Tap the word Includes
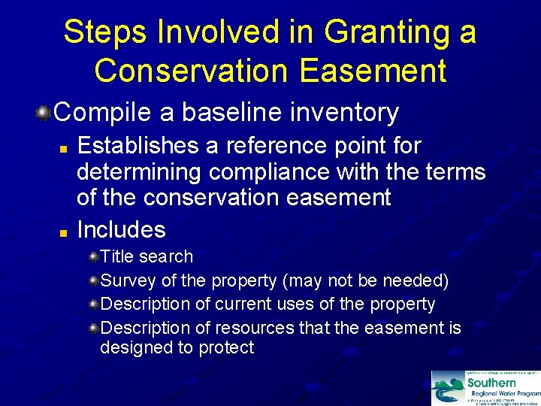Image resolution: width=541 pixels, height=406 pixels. point(121,229)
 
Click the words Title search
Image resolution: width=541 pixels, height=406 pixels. point(147,256)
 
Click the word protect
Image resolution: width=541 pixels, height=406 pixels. point(226,347)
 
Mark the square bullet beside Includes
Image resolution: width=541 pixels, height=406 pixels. point(65,230)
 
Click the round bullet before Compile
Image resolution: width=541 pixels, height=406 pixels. point(44,114)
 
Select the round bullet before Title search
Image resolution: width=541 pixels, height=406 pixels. point(94,257)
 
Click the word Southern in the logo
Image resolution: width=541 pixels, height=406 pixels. point(492,383)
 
